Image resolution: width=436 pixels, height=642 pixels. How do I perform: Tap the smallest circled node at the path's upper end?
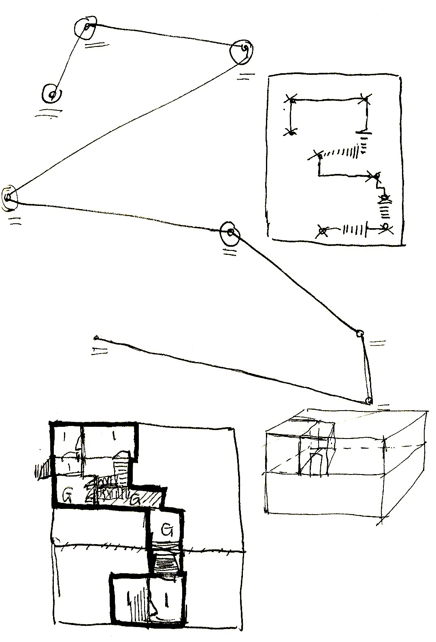52,95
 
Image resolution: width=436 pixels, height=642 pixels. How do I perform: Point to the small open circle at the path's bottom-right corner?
368,400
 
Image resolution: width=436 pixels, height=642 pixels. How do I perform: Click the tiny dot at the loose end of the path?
96,337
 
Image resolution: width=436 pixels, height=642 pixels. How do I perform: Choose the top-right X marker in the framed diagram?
365,98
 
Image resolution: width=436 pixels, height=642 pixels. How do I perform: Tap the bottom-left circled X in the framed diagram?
323,231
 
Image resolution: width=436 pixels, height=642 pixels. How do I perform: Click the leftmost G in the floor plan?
67,494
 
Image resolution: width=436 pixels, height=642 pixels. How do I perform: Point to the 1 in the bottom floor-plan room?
166,602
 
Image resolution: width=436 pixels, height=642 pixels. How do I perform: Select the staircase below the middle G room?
166,563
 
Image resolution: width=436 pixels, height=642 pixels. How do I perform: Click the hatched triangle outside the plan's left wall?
43,469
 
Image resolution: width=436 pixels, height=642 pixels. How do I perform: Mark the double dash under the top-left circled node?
92,45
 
